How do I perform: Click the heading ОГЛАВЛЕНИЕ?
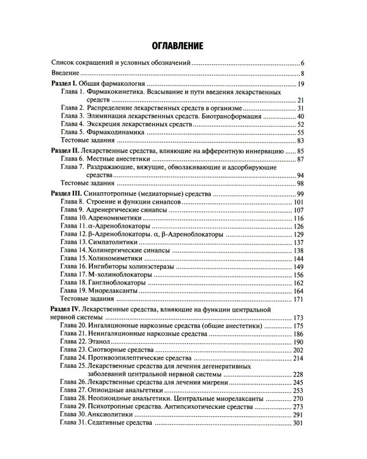(x=178, y=45)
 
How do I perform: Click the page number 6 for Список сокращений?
(x=302, y=63)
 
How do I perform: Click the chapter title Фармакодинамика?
(x=116, y=132)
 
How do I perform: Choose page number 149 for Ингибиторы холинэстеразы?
(x=298, y=267)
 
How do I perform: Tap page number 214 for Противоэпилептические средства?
(x=298, y=358)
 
